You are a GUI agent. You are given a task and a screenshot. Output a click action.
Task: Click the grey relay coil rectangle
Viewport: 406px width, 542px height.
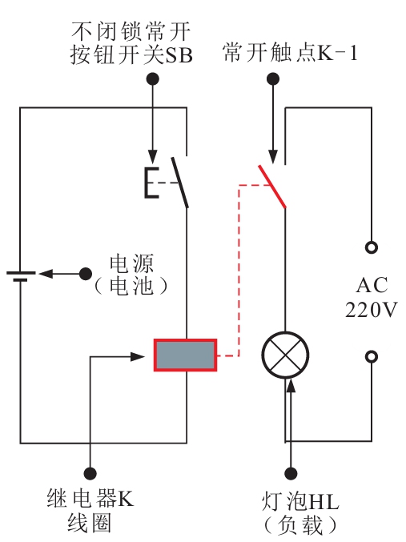tap(185, 355)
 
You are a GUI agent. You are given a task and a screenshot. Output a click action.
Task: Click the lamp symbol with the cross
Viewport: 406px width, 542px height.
tap(285, 355)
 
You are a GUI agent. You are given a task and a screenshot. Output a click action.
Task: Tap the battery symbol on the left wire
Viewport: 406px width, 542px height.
tap(20, 276)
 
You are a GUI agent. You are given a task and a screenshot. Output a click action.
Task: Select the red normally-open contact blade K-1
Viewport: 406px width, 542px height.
tap(272, 187)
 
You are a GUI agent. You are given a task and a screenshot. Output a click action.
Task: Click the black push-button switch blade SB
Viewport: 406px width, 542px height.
tap(180, 183)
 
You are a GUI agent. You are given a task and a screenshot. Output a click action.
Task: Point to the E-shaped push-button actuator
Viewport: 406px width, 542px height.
tap(151, 183)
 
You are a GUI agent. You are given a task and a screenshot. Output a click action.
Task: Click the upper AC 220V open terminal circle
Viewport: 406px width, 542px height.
tap(372, 247)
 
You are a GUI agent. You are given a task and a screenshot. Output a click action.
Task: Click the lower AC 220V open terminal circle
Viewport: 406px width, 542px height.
tap(372, 356)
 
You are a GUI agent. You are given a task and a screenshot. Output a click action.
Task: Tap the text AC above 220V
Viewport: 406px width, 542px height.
tap(372, 286)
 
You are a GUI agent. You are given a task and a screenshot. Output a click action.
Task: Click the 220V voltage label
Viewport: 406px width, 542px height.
tap(372, 309)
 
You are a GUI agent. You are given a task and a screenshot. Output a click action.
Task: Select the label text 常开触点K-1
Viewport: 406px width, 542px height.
tap(290, 53)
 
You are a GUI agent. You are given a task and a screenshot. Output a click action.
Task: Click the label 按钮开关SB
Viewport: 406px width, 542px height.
tap(131, 54)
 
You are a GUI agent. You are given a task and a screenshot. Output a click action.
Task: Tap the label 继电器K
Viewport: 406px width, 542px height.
tap(90, 499)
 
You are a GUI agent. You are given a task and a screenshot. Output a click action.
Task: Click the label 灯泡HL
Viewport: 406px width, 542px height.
tap(300, 501)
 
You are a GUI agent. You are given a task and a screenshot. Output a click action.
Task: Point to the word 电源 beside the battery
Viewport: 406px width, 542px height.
tap(131, 263)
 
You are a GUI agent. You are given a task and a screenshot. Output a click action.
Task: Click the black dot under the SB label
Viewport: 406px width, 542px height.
tap(152, 78)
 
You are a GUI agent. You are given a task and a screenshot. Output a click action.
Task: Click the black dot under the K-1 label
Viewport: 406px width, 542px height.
tap(273, 78)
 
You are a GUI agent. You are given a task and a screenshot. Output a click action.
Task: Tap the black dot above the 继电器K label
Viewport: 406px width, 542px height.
tap(90, 473)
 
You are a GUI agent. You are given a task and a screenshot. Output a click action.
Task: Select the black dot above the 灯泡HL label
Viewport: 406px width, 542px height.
tap(291, 473)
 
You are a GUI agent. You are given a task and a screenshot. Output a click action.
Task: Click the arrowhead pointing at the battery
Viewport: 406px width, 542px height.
tap(46, 274)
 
